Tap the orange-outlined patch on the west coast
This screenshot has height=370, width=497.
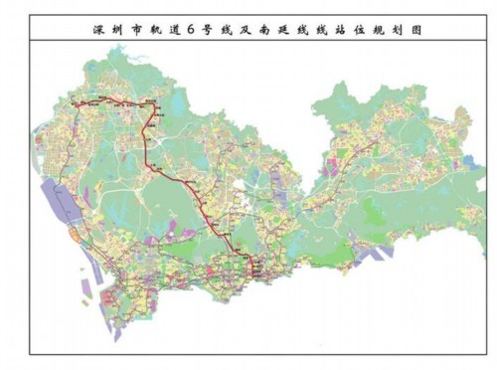click(x=76, y=235)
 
